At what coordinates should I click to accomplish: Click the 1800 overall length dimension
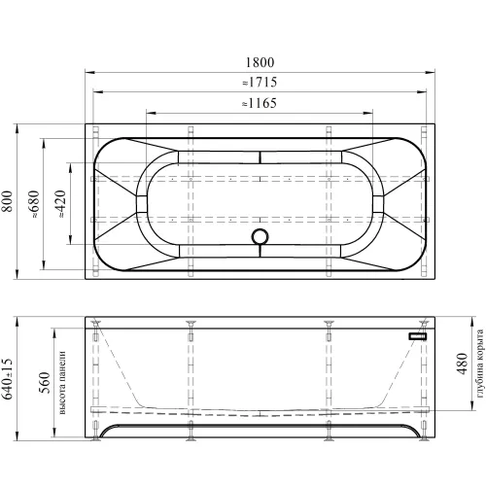tap(260, 62)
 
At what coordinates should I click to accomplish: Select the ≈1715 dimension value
tap(260, 83)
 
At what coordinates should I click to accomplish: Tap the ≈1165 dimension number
tap(260, 103)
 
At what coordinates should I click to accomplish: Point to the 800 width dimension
tap(7, 201)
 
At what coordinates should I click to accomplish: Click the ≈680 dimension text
tap(33, 204)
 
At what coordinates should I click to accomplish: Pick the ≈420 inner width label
tap(60, 204)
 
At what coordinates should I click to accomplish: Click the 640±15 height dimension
tap(7, 379)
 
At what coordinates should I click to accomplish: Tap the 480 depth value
tap(463, 364)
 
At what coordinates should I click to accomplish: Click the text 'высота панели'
tap(62, 383)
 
